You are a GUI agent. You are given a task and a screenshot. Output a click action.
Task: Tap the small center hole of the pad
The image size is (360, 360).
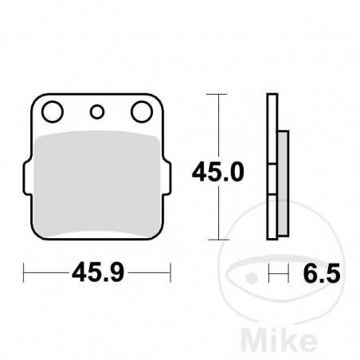(x=99, y=112)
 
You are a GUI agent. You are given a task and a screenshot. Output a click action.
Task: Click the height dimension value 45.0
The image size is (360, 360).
(x=217, y=170)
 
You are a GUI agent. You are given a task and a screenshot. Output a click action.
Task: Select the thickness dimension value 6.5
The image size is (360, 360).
(x=323, y=275)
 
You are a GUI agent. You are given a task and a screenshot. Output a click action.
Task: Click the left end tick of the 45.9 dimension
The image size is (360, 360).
(x=25, y=275)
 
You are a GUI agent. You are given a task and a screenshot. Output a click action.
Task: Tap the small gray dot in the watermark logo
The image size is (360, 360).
(x=253, y=279)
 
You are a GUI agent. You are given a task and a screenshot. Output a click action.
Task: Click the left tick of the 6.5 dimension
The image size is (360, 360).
(x=268, y=275)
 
